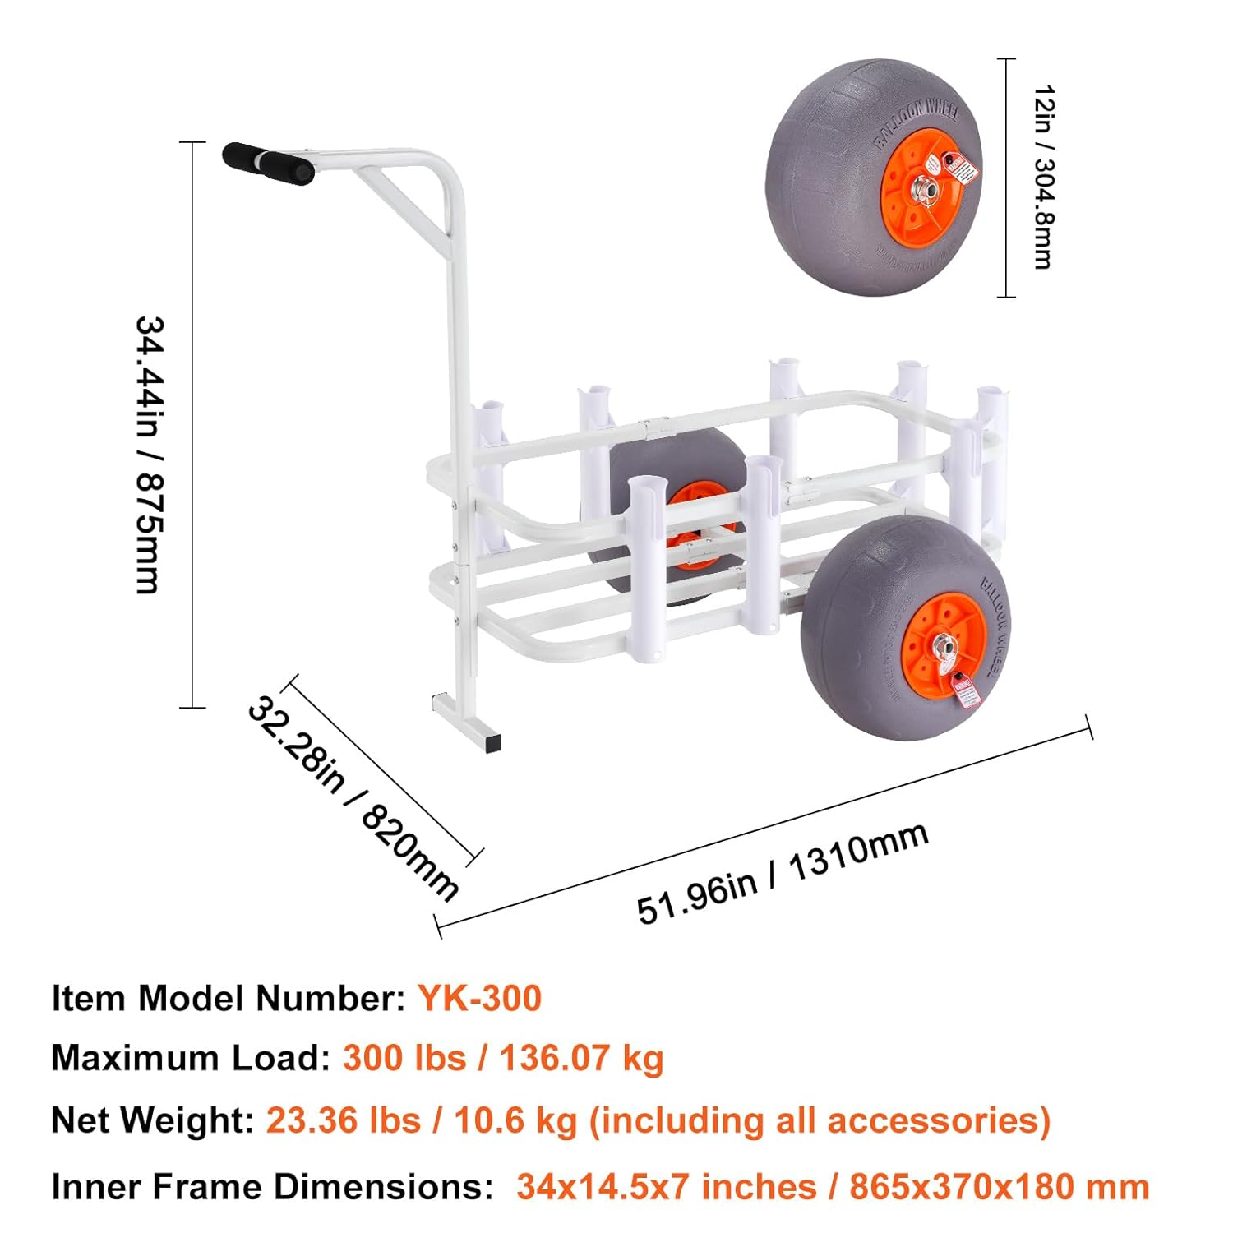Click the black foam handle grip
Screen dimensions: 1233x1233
coord(267,164)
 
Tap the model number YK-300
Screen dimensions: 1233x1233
coord(479,998)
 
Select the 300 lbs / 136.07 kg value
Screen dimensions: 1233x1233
coord(502,1058)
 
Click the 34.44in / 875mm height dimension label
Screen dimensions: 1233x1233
coord(150,455)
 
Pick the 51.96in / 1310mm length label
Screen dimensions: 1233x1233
coord(783,873)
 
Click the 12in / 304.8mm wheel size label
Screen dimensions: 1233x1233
coord(1042,177)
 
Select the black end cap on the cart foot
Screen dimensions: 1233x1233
coord(492,743)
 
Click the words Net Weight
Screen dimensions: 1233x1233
coord(152,1120)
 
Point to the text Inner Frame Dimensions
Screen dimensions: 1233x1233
coord(271,1186)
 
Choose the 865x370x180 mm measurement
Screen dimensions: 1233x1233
coord(999,1186)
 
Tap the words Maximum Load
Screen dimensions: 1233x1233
coord(190,1058)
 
